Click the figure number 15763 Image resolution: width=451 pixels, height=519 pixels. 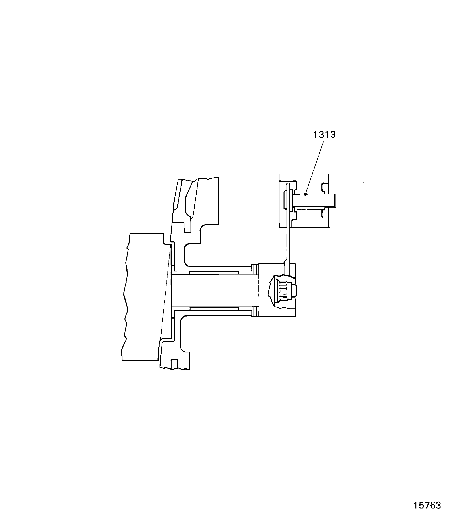(427, 498)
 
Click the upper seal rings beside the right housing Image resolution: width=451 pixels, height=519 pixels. (255, 269)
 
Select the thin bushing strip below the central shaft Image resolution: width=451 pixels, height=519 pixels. (214, 308)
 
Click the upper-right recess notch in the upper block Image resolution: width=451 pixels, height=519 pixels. (325, 188)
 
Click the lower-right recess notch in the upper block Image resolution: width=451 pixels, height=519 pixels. (325, 214)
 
